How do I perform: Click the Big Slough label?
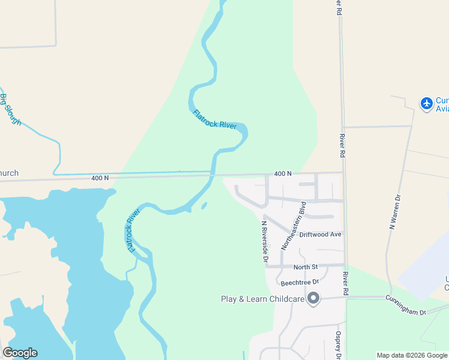(x=11, y=109)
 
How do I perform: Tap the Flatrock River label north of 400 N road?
(x=215, y=119)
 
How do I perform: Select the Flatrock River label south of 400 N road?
(x=133, y=231)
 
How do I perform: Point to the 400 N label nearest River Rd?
(x=283, y=173)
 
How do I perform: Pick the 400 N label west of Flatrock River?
(x=100, y=178)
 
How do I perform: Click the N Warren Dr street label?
(x=394, y=211)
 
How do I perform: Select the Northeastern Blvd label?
(x=294, y=225)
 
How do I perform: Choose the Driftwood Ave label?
(x=321, y=234)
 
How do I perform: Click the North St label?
(x=305, y=267)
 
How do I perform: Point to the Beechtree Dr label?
(x=299, y=281)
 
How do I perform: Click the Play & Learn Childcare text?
(x=262, y=299)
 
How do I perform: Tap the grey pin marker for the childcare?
(x=313, y=298)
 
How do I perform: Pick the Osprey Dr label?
(x=339, y=345)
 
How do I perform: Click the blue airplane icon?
(x=427, y=103)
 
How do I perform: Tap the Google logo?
(x=20, y=353)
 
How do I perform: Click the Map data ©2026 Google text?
(x=412, y=355)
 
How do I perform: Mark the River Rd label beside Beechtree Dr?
(x=346, y=283)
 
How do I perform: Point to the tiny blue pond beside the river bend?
(x=204, y=206)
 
